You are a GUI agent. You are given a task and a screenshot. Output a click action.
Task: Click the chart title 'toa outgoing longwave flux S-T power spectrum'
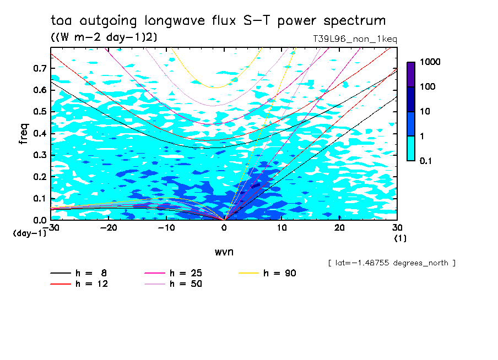218,21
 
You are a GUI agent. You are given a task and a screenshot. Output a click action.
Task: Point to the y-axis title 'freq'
24,134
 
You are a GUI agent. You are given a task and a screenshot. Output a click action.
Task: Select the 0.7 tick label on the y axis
39,68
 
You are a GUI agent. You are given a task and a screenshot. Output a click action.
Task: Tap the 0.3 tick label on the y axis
39,155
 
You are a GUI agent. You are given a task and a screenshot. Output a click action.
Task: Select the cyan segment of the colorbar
411,148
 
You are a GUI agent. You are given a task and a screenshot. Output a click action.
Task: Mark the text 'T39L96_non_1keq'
354,40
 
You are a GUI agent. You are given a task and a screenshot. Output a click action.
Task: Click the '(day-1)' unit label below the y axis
29,233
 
